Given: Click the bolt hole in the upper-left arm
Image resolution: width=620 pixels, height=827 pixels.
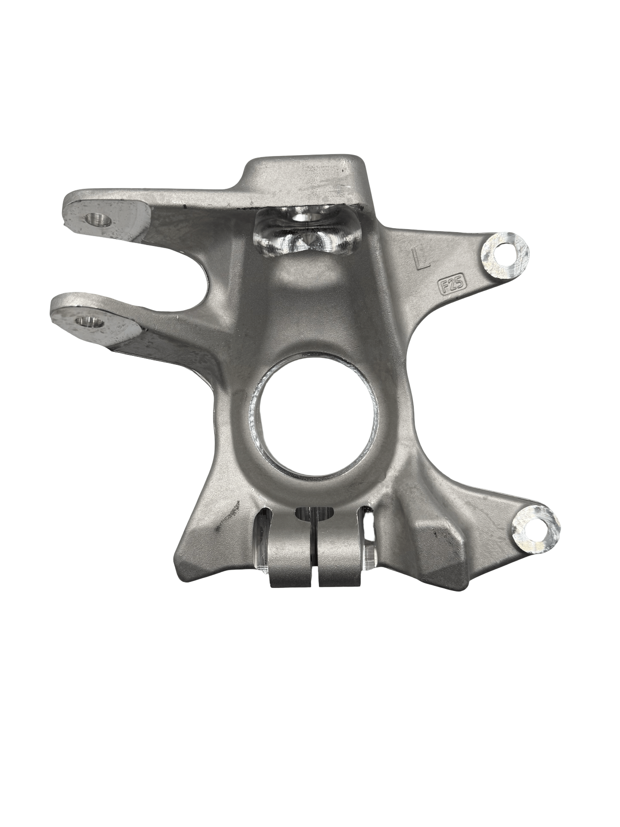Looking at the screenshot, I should click(x=98, y=219).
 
